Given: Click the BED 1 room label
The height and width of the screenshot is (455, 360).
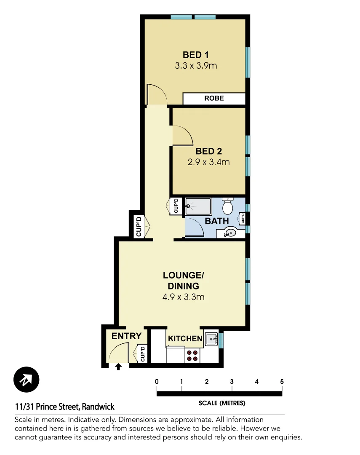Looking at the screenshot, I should pyautogui.click(x=195, y=54).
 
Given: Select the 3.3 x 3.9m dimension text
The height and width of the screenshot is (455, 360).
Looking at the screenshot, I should pyautogui.click(x=195, y=66).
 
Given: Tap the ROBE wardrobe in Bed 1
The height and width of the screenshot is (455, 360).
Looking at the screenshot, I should pyautogui.click(x=214, y=99).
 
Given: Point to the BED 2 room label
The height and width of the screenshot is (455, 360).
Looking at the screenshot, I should pyautogui.click(x=208, y=151).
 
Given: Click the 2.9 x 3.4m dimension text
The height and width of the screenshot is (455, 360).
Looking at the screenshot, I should pyautogui.click(x=208, y=162).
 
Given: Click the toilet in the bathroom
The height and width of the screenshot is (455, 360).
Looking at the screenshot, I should pyautogui.click(x=227, y=206).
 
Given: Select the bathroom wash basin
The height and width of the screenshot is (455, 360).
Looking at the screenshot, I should pyautogui.click(x=230, y=232).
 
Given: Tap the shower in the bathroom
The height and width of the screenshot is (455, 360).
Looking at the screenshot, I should pyautogui.click(x=197, y=206).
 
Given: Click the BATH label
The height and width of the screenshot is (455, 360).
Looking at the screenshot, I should pyautogui.click(x=217, y=221).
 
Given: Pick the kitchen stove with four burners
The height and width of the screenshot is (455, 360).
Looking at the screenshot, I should pyautogui.click(x=192, y=355).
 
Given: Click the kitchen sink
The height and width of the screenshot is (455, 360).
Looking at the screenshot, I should pyautogui.click(x=211, y=338).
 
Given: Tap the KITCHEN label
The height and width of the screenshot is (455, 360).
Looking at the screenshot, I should pyautogui.click(x=185, y=339).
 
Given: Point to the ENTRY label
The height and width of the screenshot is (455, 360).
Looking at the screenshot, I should pyautogui.click(x=126, y=336).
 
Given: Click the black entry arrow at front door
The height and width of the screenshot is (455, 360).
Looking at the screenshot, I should pyautogui.click(x=118, y=367).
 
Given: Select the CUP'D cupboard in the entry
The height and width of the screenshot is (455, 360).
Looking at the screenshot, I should pyautogui.click(x=142, y=354).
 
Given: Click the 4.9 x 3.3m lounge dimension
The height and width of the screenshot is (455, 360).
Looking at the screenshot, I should pyautogui.click(x=183, y=297).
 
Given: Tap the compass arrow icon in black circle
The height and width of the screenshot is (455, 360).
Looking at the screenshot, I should pyautogui.click(x=26, y=380).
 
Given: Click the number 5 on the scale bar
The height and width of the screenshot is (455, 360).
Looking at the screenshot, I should pyautogui.click(x=282, y=382).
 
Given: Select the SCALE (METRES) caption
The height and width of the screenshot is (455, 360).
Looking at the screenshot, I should pyautogui.click(x=221, y=403).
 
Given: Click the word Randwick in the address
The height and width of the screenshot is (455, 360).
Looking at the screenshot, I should pyautogui.click(x=98, y=407).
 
